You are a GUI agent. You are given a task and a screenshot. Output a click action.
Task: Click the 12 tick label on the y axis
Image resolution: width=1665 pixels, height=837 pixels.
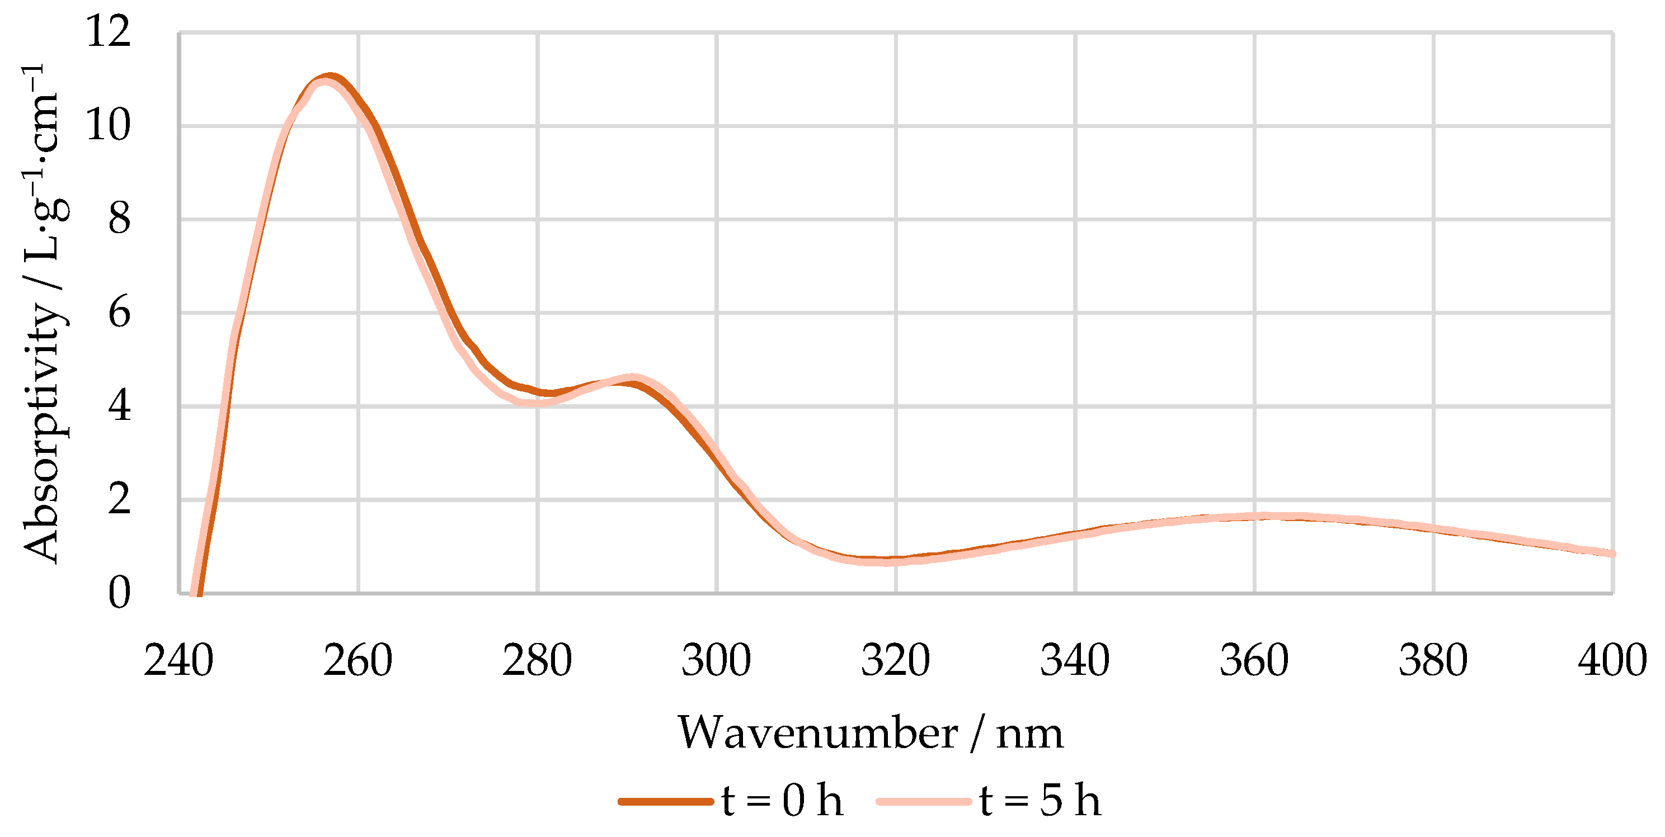click(108, 31)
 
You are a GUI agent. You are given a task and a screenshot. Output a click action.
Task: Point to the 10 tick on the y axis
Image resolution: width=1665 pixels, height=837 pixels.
click(108, 125)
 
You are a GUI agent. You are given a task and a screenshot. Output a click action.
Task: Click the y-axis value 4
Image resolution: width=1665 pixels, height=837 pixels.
click(120, 406)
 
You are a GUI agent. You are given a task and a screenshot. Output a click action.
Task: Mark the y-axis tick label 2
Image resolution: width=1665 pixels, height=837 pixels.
click(120, 499)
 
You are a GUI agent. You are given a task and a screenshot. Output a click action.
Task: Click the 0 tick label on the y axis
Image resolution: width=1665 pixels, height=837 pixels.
click(120, 593)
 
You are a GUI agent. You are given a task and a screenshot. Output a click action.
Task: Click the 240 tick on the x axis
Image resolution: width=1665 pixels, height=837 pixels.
click(178, 661)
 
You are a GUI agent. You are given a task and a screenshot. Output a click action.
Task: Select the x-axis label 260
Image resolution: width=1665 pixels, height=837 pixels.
click(358, 661)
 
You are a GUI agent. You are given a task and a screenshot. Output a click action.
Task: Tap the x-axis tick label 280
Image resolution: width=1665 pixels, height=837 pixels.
click(537, 661)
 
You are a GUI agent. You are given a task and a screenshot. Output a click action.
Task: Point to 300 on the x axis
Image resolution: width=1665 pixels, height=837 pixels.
click(716, 661)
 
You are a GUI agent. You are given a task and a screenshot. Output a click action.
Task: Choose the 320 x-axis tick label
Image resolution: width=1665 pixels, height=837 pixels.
click(895, 661)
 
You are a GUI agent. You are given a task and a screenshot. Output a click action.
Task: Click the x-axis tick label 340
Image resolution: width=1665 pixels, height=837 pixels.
click(1074, 661)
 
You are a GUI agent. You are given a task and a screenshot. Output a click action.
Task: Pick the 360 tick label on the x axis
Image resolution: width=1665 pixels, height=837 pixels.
click(1254, 661)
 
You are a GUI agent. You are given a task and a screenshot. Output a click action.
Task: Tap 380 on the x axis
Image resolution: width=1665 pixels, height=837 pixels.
click(1433, 661)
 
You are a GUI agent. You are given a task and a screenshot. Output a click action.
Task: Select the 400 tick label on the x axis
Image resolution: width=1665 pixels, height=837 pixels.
click(1612, 661)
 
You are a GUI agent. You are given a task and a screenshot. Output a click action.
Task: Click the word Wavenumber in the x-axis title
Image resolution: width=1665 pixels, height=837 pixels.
click(817, 734)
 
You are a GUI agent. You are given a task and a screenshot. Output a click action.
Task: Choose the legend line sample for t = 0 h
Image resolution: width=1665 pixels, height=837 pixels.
click(666, 801)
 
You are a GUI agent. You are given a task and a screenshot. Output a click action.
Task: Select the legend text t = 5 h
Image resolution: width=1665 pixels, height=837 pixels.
click(1040, 801)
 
